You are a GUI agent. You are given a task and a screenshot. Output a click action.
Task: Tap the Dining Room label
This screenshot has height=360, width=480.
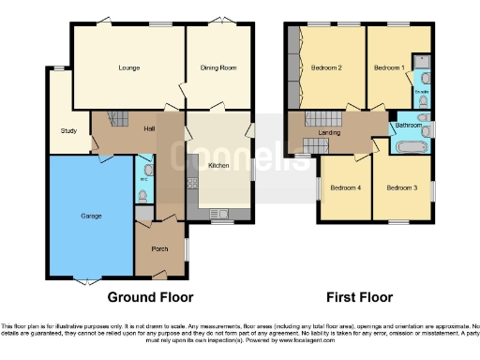coord(217,68)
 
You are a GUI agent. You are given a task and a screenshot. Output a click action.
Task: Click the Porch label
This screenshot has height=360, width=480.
coord(159,250)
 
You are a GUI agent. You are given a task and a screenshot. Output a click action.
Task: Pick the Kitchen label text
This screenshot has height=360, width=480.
coord(219,165)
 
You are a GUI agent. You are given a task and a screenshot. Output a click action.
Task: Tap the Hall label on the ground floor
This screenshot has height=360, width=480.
coord(148,127)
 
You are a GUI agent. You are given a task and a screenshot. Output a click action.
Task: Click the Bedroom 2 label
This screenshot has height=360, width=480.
coord(326,68)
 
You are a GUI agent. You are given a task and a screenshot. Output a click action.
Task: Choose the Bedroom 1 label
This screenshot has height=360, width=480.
coord(388,68)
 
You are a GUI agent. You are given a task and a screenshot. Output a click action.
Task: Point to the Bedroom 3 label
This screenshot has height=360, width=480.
coord(401,187)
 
